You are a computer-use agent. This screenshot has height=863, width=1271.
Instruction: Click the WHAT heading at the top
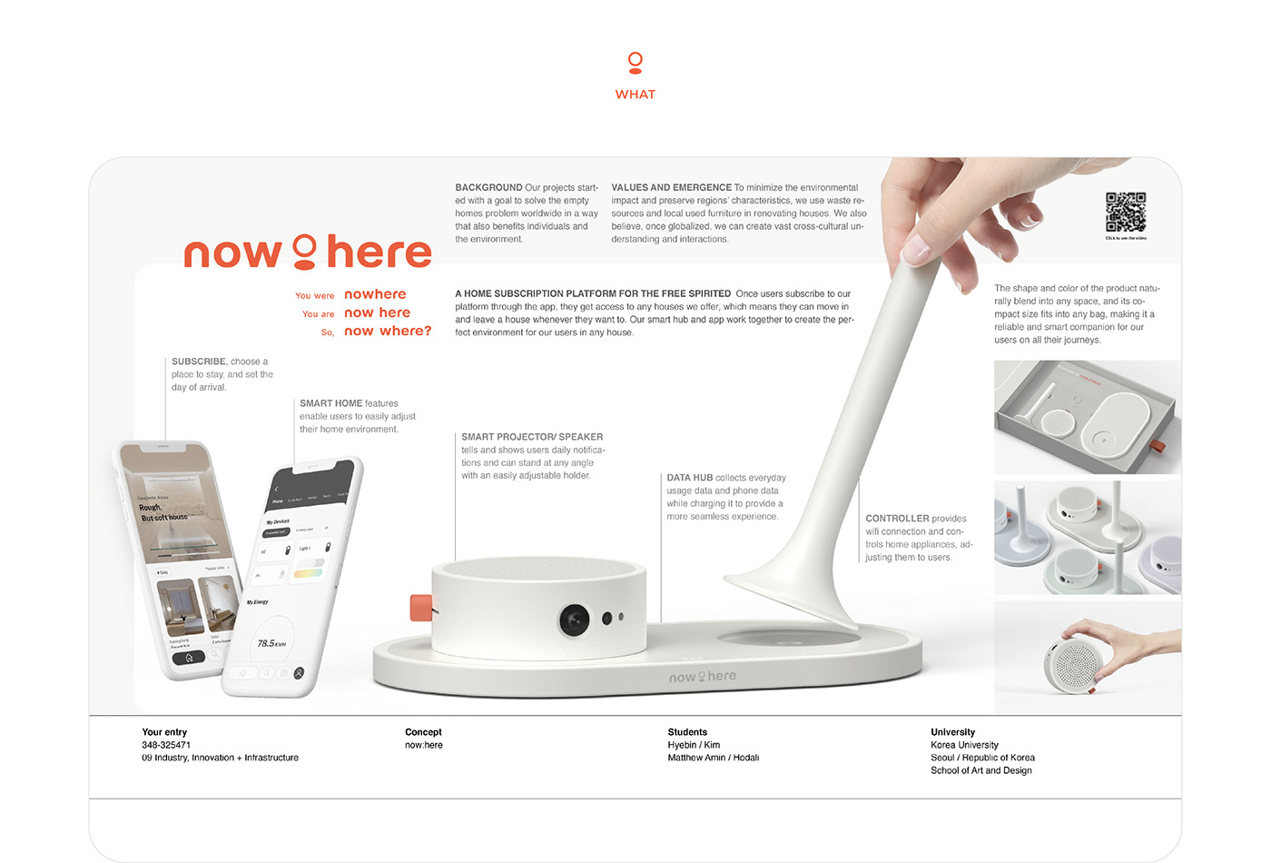point(635,94)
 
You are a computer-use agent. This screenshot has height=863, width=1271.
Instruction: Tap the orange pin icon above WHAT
point(635,63)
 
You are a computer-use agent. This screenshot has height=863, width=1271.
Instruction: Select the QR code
point(1125,213)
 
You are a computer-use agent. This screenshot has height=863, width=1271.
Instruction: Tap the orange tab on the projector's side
point(420,607)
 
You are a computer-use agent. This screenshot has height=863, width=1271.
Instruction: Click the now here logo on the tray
point(702,677)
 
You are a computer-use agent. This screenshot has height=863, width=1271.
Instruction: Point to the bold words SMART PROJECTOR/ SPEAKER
point(532,437)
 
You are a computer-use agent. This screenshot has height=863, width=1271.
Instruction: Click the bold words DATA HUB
point(689,478)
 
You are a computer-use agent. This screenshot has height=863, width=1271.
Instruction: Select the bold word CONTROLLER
point(897,519)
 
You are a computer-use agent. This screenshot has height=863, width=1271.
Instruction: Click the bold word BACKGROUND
point(488,188)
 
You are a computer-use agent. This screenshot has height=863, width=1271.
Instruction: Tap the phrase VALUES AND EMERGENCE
point(671,188)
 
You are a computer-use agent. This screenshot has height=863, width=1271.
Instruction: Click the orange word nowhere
point(375,294)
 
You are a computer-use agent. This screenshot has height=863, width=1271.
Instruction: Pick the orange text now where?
point(388,331)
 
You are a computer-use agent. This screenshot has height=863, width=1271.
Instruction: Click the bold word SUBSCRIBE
point(199,362)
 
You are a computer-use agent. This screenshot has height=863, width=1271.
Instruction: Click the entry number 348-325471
point(166,745)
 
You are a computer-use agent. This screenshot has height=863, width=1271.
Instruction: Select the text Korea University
point(964,745)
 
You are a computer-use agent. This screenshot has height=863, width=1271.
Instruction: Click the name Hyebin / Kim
point(694,745)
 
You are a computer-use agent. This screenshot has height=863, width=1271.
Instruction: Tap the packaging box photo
point(1087,417)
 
